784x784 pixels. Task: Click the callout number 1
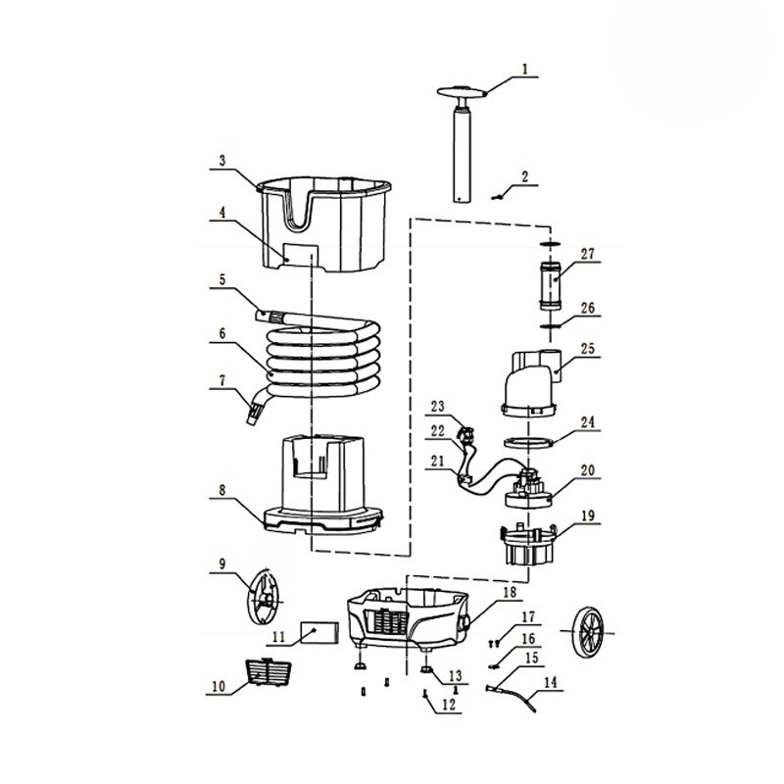coord(524,69)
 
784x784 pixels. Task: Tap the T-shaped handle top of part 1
coord(462,92)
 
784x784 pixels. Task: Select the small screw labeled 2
coord(496,198)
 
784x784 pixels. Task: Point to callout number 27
coord(587,254)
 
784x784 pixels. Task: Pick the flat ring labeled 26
coord(550,326)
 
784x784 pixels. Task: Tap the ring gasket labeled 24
coord(527,443)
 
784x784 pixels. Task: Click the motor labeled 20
coord(529,489)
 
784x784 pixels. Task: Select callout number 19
coord(588,515)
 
